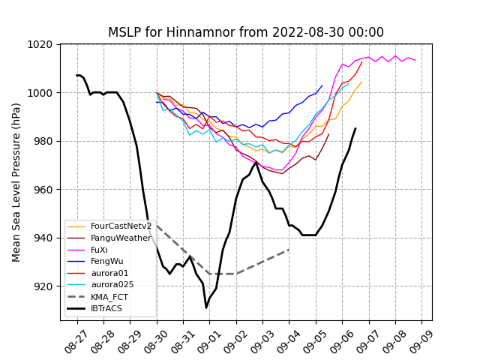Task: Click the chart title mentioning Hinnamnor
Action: pos(246,32)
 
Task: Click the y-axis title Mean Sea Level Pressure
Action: pos(16,182)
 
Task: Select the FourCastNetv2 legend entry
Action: pos(121,226)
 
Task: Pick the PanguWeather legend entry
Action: pos(120,238)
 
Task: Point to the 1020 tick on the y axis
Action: pos(42,44)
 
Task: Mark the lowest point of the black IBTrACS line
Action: pos(206,307)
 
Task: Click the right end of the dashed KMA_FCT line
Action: pos(289,250)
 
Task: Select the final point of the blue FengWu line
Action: pos(322,85)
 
